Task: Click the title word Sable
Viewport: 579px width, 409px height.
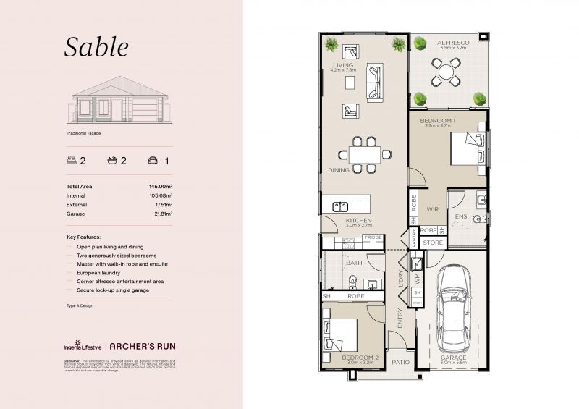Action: point(96,47)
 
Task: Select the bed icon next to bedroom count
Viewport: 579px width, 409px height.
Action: point(72,161)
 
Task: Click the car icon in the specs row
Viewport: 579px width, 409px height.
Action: point(152,161)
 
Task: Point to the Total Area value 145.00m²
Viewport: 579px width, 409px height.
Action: point(160,187)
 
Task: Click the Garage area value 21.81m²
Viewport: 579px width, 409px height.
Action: point(160,214)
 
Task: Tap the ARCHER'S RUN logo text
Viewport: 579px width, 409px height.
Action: point(143,346)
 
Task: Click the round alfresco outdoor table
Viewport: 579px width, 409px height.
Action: point(443,72)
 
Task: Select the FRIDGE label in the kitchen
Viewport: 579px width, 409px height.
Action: point(373,237)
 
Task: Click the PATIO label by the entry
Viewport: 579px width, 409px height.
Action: point(400,360)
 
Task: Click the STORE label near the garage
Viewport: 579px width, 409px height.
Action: point(432,243)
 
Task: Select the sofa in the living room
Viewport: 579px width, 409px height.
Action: point(376,81)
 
